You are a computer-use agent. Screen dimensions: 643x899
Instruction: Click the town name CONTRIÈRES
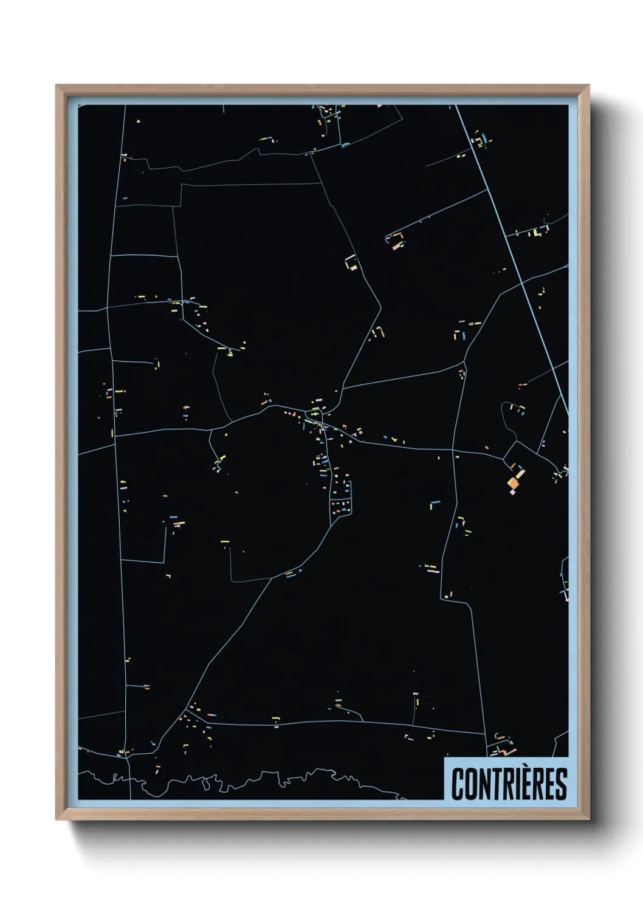tap(509, 784)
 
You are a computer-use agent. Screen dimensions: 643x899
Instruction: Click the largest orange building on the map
tap(514, 483)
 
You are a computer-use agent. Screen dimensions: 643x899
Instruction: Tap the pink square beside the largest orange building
tap(512, 493)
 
